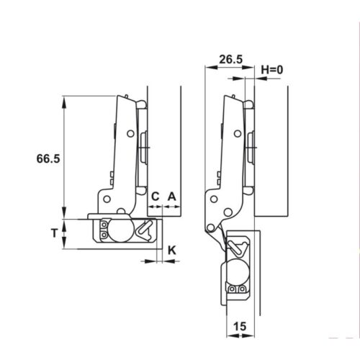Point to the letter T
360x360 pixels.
(54, 232)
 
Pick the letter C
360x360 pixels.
(154, 195)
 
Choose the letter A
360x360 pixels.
(171, 195)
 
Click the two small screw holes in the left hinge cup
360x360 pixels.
(104, 230)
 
